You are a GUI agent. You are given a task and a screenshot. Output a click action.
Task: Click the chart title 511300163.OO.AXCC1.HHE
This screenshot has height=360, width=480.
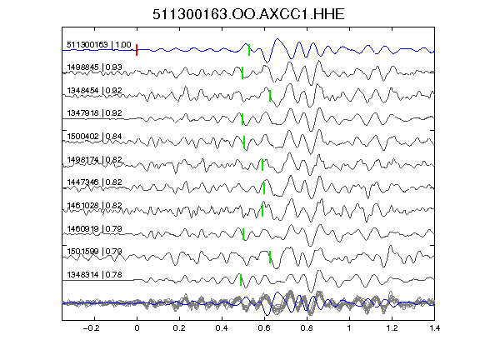[248, 14]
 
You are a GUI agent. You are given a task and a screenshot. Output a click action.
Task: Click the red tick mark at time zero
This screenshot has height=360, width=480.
[137, 50]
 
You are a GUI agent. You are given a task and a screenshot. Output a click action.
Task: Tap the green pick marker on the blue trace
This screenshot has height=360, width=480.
[249, 50]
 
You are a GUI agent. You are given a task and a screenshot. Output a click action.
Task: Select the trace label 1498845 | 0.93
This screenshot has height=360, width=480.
[95, 67]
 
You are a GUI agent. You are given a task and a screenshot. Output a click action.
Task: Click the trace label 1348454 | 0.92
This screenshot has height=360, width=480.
[95, 91]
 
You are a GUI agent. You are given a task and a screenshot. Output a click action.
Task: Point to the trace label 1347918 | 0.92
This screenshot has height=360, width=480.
[95, 113]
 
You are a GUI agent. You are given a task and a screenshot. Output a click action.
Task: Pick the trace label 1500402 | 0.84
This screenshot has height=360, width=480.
[95, 136]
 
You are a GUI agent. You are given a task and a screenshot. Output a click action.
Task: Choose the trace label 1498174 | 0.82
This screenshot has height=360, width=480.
[95, 160]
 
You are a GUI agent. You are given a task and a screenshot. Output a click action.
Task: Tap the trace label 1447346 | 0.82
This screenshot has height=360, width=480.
[95, 182]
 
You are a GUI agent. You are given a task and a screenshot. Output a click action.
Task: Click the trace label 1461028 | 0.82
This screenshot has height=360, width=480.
[95, 205]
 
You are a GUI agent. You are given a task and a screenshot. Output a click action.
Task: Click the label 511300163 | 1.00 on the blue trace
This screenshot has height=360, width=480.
[99, 45]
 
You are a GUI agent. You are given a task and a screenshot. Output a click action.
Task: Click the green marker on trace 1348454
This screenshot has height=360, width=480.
[270, 96]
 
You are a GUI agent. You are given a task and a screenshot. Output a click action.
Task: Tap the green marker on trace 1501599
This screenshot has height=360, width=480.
[270, 257]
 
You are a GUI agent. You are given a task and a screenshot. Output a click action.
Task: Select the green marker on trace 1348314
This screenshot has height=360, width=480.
[241, 280]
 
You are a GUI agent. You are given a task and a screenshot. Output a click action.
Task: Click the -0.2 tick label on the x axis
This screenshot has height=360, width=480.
[91, 328]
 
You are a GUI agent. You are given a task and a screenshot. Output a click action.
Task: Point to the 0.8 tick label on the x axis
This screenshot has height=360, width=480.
[307, 328]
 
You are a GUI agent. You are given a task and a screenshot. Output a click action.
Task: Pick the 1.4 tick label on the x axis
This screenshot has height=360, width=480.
[435, 328]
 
